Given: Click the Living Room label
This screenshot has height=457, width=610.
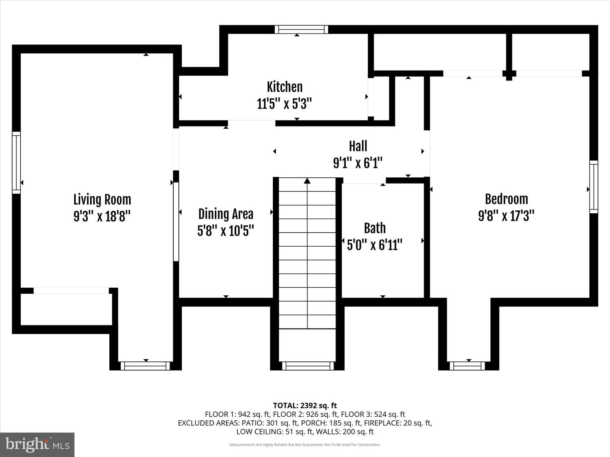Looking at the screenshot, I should (102, 199).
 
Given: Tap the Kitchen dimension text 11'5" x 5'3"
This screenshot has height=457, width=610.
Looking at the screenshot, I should (284, 103).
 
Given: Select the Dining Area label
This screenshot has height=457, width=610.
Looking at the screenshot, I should (226, 214).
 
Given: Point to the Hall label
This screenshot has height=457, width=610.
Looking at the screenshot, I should (358, 146).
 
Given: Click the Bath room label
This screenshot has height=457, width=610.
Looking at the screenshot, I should (375, 228).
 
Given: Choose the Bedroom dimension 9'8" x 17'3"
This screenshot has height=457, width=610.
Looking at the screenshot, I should (506, 216).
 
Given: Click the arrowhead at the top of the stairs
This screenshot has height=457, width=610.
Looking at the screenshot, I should (307, 181).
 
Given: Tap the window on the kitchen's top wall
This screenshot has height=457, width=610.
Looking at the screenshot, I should (301, 29).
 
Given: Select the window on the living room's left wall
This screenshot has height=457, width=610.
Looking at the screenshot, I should (16, 162).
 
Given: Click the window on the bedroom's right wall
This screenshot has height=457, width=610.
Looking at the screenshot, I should (594, 187).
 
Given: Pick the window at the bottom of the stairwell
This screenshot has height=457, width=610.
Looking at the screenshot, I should (308, 366).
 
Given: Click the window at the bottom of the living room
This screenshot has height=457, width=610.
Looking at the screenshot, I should (145, 366).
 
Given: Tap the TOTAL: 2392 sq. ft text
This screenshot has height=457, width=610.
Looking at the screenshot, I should (305, 405).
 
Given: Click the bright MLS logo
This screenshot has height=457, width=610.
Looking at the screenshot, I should (37, 444).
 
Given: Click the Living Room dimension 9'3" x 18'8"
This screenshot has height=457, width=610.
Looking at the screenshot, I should (102, 216).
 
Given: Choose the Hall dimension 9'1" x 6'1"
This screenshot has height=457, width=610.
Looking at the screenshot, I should (358, 162).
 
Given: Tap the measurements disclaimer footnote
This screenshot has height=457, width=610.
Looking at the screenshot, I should (305, 445).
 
